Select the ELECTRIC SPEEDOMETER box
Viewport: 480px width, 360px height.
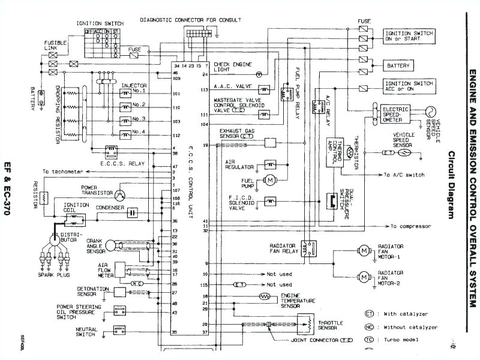pyautogui.click(x=398, y=114)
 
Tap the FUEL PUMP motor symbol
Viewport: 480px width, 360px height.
pyautogui.click(x=270, y=180)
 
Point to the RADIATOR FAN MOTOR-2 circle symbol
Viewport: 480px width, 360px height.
pyautogui.click(x=364, y=277)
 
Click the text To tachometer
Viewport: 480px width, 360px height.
pyautogui.click(x=64, y=171)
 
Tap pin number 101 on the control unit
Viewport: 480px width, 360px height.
pyautogui.click(x=176, y=94)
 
